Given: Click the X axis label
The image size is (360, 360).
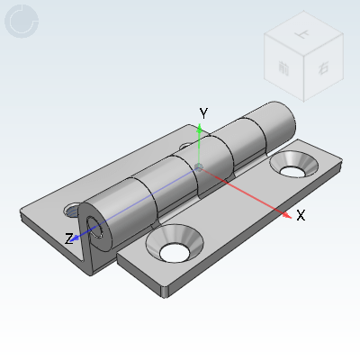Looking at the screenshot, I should [301, 216].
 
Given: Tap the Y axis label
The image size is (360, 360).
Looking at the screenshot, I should [204, 113].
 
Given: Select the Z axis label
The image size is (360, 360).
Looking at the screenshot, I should [68, 239].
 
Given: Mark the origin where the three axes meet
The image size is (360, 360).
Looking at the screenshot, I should [198, 166].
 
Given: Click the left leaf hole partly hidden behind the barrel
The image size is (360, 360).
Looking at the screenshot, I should [186, 146].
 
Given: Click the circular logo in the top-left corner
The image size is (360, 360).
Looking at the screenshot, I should [22, 22].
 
